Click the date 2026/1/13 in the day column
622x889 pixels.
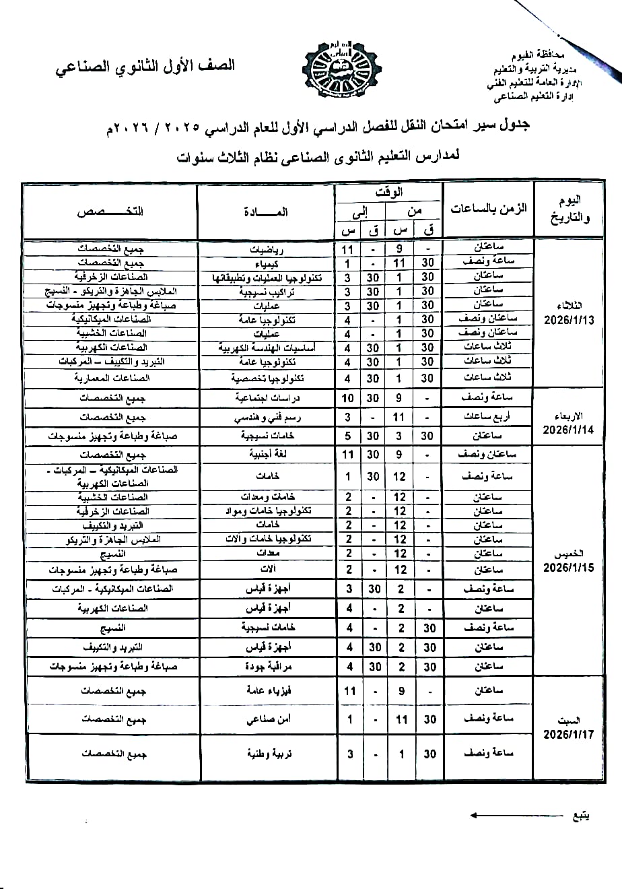click(x=569, y=321)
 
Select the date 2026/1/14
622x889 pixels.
click(x=569, y=430)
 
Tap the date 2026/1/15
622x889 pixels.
click(x=569, y=568)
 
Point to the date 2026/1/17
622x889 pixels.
click(x=569, y=734)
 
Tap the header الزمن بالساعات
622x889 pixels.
click(x=488, y=210)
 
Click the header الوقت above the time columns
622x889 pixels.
click(x=389, y=193)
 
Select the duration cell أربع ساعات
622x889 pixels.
click(x=488, y=418)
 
